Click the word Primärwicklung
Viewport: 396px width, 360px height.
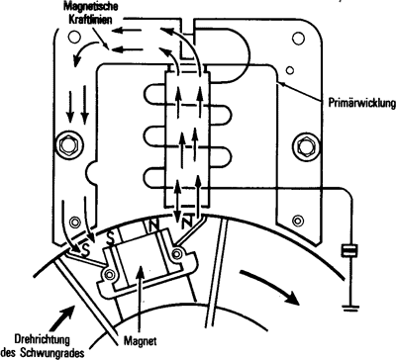tap(362, 103)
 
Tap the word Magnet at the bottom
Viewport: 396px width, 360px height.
tap(141, 340)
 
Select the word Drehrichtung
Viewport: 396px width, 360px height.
tap(42, 339)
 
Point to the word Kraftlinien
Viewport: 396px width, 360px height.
tap(90, 19)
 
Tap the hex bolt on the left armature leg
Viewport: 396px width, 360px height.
tap(69, 145)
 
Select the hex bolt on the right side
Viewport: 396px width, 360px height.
tap(306, 146)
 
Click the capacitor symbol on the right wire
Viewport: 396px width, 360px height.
tap(349, 250)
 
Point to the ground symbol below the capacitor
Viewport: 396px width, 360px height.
tap(350, 309)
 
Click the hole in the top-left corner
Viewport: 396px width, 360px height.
tap(74, 37)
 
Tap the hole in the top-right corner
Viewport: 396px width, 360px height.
tap(298, 39)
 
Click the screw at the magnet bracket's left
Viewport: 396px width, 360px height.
tap(109, 274)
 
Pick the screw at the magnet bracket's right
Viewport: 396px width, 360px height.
tap(177, 253)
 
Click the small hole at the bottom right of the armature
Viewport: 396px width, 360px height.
tap(298, 220)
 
